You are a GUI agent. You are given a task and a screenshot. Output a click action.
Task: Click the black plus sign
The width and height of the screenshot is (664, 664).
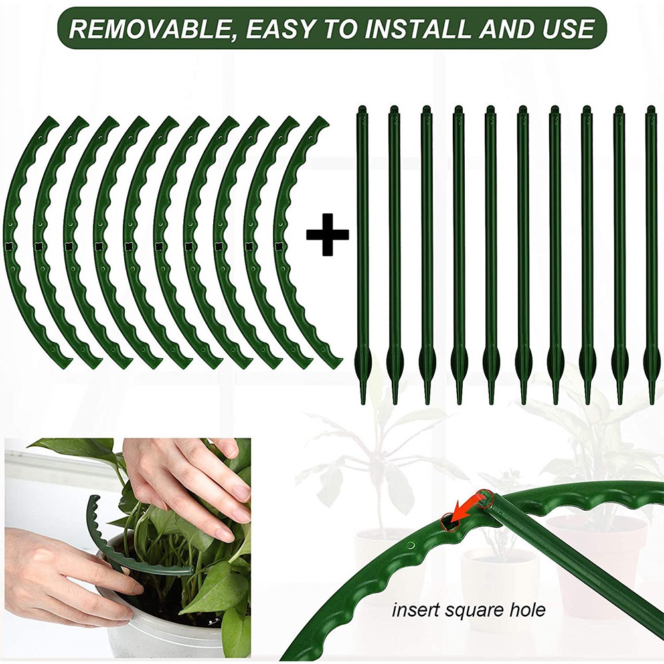[327, 234]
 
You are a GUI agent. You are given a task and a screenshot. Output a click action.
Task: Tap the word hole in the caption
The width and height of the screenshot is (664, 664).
[525, 610]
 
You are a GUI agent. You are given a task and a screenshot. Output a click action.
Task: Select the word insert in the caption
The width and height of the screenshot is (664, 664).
[415, 610]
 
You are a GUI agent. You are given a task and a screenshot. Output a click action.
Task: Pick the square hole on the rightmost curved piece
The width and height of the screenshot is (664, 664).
[278, 245]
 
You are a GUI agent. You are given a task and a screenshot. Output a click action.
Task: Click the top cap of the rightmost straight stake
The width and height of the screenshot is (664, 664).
[651, 110]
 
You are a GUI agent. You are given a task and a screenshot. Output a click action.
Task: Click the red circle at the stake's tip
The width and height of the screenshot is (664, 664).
[486, 499]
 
